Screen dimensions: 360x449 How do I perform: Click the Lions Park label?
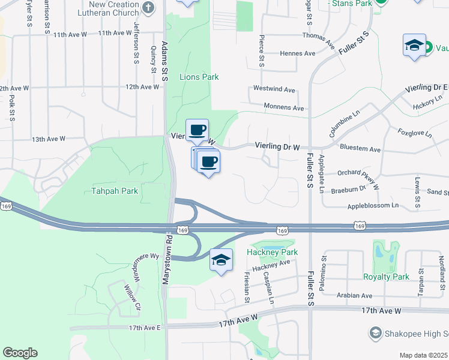pyautogui.click(x=199, y=77)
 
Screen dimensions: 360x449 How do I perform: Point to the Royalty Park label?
pyautogui.click(x=386, y=277)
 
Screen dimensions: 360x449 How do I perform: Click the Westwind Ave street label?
pyautogui.click(x=274, y=89)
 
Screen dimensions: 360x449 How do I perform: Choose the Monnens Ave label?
pyautogui.click(x=284, y=107)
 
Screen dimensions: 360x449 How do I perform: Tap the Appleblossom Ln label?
pyautogui.click(x=373, y=205)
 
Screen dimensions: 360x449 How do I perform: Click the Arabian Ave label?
pyautogui.click(x=354, y=295)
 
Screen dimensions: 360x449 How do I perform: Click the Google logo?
pyautogui.click(x=20, y=353)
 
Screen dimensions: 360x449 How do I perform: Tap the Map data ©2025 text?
pyautogui.click(x=424, y=355)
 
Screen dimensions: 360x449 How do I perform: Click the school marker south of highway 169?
pyautogui.click(x=221, y=260)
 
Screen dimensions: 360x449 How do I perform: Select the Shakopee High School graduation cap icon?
pyautogui.click(x=376, y=332)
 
